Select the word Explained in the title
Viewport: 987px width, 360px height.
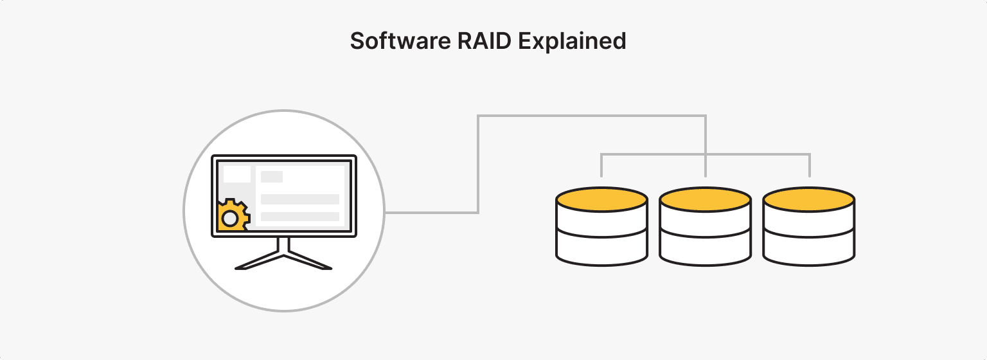(x=572, y=41)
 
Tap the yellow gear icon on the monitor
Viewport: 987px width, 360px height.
(x=232, y=215)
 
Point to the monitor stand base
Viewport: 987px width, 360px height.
(x=283, y=260)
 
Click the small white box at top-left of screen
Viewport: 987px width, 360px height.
(x=236, y=174)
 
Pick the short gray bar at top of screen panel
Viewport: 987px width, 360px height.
(x=272, y=177)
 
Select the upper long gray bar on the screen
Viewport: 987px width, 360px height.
(x=299, y=199)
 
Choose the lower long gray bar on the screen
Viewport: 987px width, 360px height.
(x=299, y=217)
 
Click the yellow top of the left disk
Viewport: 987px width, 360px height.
(x=601, y=199)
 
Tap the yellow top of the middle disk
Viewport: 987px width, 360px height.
(x=705, y=199)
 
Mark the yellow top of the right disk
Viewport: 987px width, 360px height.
(x=808, y=199)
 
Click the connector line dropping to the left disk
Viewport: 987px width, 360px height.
(x=601, y=165)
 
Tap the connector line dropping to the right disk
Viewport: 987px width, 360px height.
(x=809, y=165)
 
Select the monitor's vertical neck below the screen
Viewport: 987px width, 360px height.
(x=283, y=244)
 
